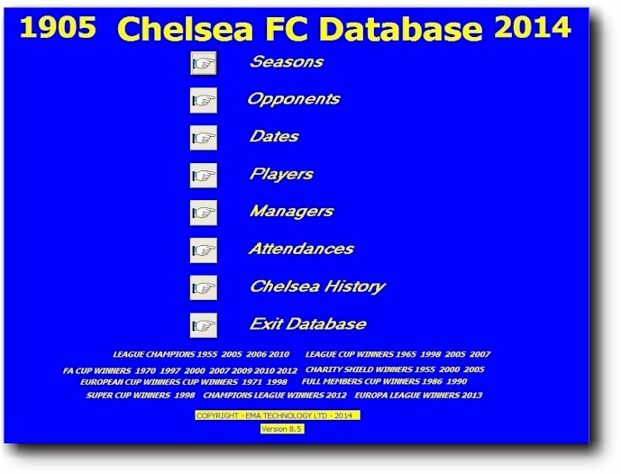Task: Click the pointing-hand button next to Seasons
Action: [204, 63]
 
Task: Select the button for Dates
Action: [204, 138]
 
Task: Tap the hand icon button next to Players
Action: [204, 176]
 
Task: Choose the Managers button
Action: [204, 213]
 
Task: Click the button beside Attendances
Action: [204, 251]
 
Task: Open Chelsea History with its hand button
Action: [204, 287]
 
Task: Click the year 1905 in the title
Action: [58, 28]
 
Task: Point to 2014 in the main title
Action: [533, 28]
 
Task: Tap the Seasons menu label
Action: [287, 61]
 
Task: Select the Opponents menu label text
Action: [294, 99]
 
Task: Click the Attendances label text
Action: [301, 249]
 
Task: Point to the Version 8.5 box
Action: [282, 429]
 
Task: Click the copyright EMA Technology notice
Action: [278, 415]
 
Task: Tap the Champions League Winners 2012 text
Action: [275, 396]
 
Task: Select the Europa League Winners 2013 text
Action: [418, 396]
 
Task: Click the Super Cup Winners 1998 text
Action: [141, 396]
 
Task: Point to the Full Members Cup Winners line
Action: [384, 381]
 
